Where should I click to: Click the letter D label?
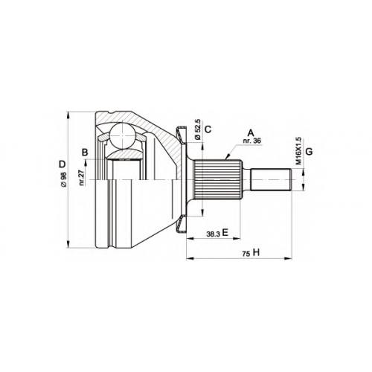click(x=62, y=164)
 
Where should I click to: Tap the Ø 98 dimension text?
click(x=63, y=179)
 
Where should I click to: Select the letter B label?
click(x=85, y=153)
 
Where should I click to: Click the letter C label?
click(x=208, y=129)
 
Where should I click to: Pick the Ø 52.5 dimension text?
click(x=198, y=129)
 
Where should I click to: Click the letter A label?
click(x=251, y=133)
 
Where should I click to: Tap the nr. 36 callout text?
click(x=252, y=141)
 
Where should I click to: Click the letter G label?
click(x=309, y=151)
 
